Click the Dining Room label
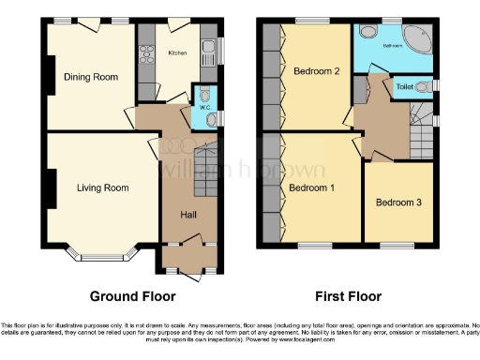click(90, 77)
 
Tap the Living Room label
click(102, 187)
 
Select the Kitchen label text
click(177, 53)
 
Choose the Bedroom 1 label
click(312, 187)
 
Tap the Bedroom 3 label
click(398, 202)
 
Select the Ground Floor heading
click(132, 296)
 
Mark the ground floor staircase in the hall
click(205, 169)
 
